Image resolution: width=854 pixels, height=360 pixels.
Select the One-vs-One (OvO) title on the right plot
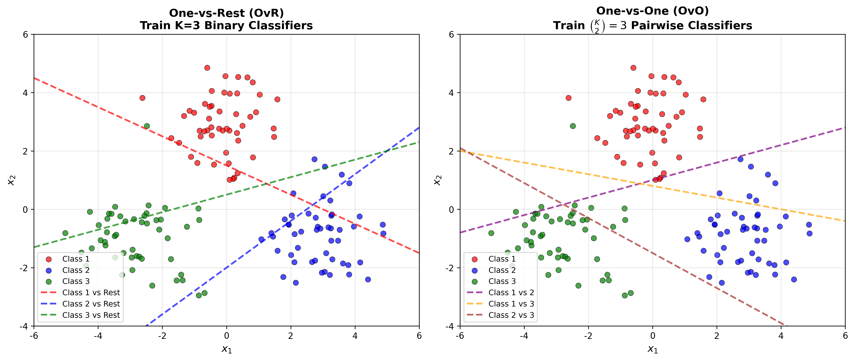pyautogui.click(x=652, y=11)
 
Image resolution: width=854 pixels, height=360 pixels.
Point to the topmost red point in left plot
pyautogui.click(x=207, y=68)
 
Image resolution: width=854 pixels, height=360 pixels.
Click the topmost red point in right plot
pyautogui.click(x=633, y=68)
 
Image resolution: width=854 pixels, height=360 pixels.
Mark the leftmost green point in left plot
pyautogui.click(x=65, y=233)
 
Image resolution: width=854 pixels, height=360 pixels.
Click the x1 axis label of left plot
pyautogui.click(x=227, y=349)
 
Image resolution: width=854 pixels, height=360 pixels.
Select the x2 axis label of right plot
pyautogui.click(x=438, y=180)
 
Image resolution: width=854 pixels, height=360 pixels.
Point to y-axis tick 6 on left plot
pyautogui.click(x=25, y=34)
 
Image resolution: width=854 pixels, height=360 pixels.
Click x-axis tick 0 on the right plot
pyautogui.click(x=652, y=336)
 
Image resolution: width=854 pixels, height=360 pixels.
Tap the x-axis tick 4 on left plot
pyautogui.click(x=355, y=336)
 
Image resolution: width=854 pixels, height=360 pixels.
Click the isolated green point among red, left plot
pyautogui.click(x=146, y=126)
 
